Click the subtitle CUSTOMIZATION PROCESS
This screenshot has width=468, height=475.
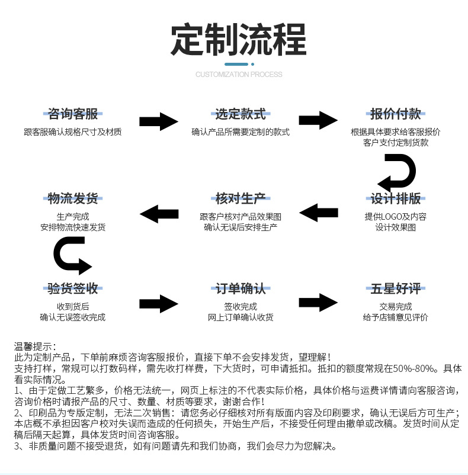(x=239, y=75)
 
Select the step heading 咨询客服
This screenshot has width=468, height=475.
(x=73, y=114)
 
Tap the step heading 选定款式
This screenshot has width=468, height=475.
(x=240, y=114)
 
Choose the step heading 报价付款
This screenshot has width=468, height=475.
(x=395, y=114)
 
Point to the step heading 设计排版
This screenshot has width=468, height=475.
(x=395, y=198)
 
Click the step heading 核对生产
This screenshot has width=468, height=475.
(x=240, y=198)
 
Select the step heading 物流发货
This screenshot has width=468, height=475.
(x=73, y=198)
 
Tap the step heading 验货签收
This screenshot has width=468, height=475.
(x=73, y=288)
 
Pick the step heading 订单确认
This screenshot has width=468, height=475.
(x=240, y=288)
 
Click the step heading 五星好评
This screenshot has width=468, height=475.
(x=395, y=288)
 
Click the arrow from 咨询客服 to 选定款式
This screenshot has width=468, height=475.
(x=158, y=121)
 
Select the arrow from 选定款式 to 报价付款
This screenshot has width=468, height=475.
(x=318, y=120)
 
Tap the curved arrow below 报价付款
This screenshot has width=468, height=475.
(x=398, y=172)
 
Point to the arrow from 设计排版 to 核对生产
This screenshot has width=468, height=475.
(x=318, y=212)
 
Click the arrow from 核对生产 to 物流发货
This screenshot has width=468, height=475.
(x=158, y=213)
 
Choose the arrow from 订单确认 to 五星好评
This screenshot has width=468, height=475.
(x=318, y=302)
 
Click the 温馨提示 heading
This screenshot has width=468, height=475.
(x=36, y=346)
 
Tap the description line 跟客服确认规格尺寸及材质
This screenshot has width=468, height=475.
(x=73, y=131)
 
